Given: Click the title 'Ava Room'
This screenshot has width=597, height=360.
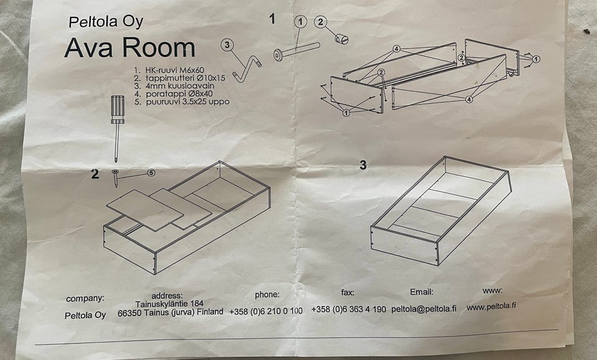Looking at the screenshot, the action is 129,48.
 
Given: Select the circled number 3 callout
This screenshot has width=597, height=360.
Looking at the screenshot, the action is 227,45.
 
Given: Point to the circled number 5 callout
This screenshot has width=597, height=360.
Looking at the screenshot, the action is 151,173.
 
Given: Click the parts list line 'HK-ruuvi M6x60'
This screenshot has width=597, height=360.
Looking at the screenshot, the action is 169,70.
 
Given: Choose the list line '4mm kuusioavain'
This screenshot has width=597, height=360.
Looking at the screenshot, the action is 174,86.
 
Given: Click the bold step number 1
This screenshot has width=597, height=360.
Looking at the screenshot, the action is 272,19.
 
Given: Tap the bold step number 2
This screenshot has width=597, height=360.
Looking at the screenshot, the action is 95,174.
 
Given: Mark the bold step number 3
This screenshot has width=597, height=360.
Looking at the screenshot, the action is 363,165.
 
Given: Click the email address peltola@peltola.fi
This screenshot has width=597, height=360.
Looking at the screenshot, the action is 423,309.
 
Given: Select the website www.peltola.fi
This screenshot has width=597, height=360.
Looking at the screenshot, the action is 491,307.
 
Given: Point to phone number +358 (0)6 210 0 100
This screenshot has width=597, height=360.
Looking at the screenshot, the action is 266,312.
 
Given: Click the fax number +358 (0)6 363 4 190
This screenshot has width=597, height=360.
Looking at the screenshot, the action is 348,310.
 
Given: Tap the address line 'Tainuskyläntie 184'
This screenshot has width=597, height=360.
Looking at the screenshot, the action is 169,303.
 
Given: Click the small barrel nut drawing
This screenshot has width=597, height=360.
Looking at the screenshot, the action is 341,39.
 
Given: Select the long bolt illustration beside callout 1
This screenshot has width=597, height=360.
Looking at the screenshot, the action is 297,52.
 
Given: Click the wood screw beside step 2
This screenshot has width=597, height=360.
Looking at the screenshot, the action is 115,178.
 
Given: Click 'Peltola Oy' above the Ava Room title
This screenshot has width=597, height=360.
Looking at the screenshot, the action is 106,21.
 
